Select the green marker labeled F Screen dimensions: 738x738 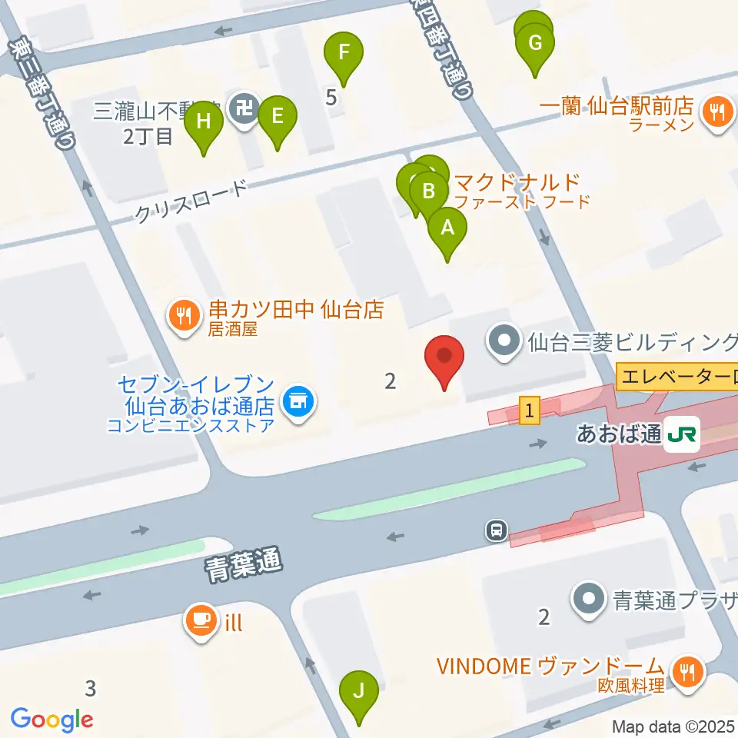[x=344, y=53]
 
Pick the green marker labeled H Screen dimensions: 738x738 [x=204, y=121]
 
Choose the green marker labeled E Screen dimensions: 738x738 [x=277, y=117]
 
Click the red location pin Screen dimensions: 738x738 [x=445, y=357]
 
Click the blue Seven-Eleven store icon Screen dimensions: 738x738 [x=296, y=401]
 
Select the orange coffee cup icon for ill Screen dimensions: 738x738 [x=201, y=620]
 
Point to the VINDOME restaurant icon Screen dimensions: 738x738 [x=685, y=671]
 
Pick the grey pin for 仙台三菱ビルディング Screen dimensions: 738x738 [x=506, y=338]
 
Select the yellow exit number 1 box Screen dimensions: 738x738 [x=529, y=411]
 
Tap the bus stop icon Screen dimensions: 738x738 [x=497, y=529]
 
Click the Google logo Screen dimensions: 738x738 [x=52, y=720]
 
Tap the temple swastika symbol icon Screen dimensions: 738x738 [x=244, y=109]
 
